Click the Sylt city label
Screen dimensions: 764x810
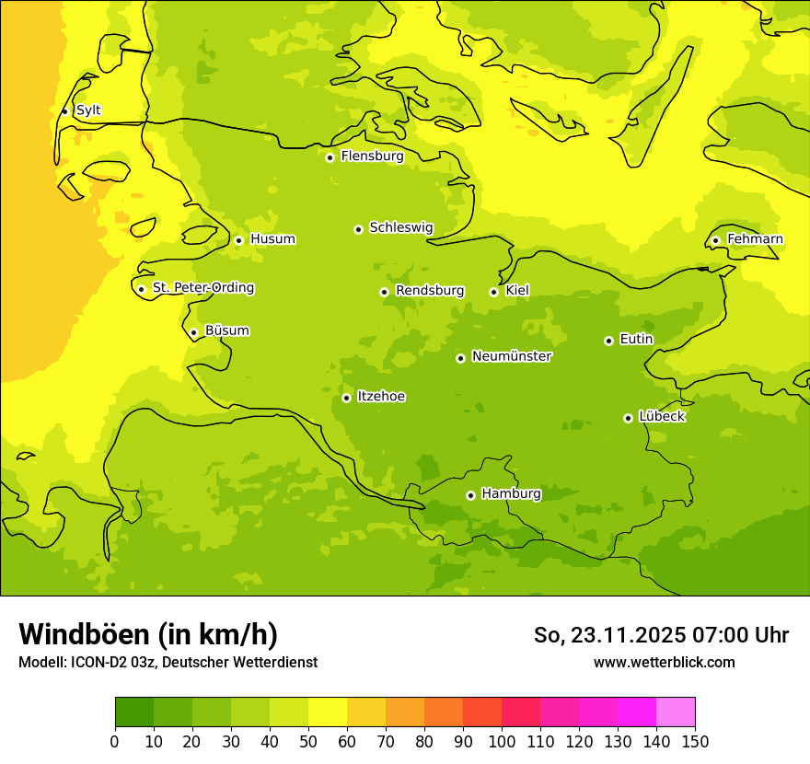point(88,110)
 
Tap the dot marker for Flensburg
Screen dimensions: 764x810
point(330,157)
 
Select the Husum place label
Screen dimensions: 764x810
point(272,239)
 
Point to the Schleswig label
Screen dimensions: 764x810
point(400,227)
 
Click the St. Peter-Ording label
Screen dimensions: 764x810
point(203,288)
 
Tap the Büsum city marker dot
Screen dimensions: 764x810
point(193,332)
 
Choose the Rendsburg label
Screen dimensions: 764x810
point(430,291)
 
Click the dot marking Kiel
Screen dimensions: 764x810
point(493,292)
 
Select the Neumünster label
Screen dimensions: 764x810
point(512,356)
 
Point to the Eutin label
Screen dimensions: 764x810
point(636,340)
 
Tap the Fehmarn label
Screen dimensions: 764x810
point(755,239)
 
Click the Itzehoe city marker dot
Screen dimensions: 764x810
point(346,398)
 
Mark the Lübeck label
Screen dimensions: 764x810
point(662,417)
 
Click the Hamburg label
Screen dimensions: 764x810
point(511,494)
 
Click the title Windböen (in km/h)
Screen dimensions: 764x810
point(148,634)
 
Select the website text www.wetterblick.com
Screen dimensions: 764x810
point(664,662)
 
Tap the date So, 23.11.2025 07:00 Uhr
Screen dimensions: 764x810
point(661,635)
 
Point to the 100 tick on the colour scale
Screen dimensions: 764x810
point(502,741)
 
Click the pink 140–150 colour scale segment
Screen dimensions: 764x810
point(676,712)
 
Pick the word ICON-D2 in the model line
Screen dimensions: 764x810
point(98,663)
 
